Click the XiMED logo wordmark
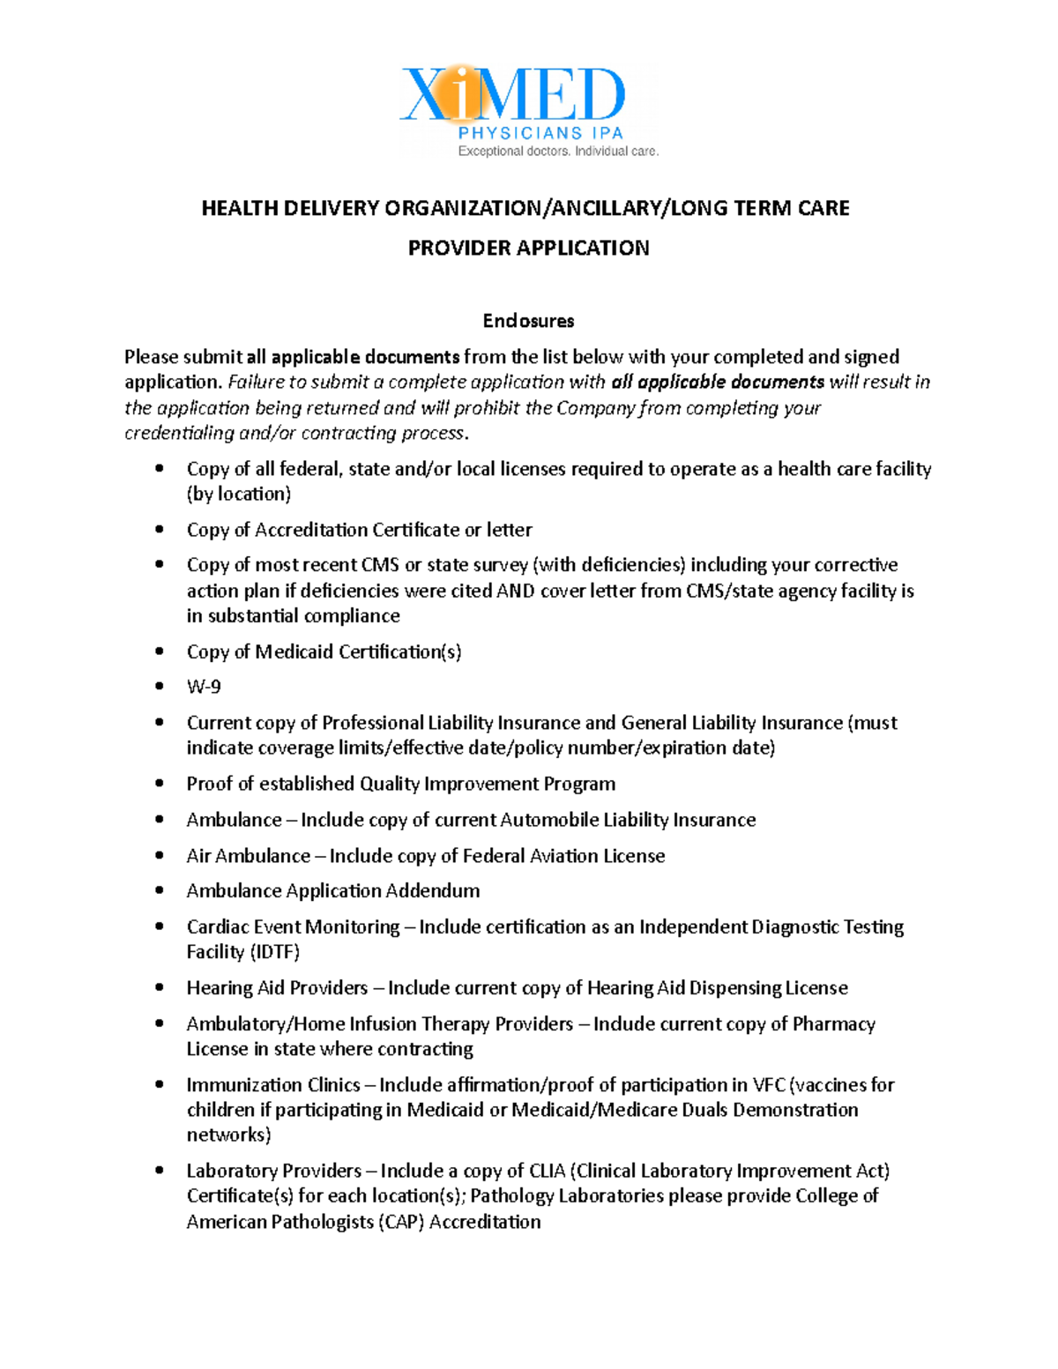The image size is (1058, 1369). pyautogui.click(x=513, y=95)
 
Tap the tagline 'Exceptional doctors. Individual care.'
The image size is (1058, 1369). pyautogui.click(x=557, y=152)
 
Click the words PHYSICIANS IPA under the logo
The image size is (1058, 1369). pyautogui.click(x=540, y=133)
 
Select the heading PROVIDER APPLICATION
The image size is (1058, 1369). pyautogui.click(x=528, y=248)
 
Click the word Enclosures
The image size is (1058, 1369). pyautogui.click(x=528, y=320)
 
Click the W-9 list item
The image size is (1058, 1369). pyautogui.click(x=204, y=687)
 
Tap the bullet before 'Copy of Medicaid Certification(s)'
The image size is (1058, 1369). pyautogui.click(x=160, y=651)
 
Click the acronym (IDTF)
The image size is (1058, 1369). pyautogui.click(x=275, y=952)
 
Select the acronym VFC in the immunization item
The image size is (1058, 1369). pyautogui.click(x=768, y=1085)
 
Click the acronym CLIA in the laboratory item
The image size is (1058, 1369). pyautogui.click(x=547, y=1171)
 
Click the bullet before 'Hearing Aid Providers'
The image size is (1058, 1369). pyautogui.click(x=160, y=987)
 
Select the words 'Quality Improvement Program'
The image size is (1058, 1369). pyautogui.click(x=488, y=784)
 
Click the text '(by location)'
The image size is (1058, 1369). pyautogui.click(x=239, y=494)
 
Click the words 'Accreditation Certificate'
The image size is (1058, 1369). pyautogui.click(x=357, y=530)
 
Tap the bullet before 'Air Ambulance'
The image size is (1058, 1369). pyautogui.click(x=160, y=855)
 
